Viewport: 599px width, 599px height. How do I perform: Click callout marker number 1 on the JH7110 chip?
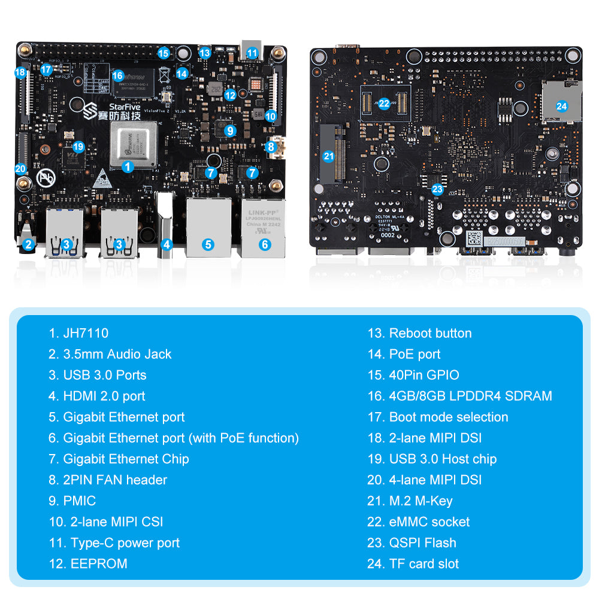pyautogui.click(x=128, y=167)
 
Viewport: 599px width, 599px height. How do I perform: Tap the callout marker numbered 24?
pyautogui.click(x=561, y=106)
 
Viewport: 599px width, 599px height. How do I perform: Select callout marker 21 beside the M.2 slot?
pyautogui.click(x=328, y=156)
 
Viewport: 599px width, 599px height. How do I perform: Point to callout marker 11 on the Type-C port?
pyautogui.click(x=252, y=53)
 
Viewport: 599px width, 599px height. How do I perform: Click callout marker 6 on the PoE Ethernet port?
pyautogui.click(x=265, y=244)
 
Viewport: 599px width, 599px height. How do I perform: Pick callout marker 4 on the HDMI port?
pyautogui.click(x=167, y=244)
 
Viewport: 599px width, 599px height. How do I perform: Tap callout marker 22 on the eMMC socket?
pyautogui.click(x=384, y=103)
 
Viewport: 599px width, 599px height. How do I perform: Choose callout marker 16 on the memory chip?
pyautogui.click(x=117, y=75)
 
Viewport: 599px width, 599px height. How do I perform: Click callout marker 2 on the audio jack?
pyautogui.click(x=28, y=244)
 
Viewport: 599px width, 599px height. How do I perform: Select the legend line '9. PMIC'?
pyautogui.click(x=72, y=501)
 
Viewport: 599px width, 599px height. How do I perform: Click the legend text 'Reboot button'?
pyautogui.click(x=430, y=333)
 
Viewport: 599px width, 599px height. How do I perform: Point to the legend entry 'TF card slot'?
pyautogui.click(x=423, y=564)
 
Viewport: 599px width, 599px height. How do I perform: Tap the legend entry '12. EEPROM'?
pyautogui.click(x=88, y=564)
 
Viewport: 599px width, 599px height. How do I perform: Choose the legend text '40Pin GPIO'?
pyautogui.click(x=424, y=375)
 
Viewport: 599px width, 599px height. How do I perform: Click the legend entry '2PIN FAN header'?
pyautogui.click(x=115, y=480)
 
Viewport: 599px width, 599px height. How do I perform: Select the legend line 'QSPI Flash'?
pyautogui.click(x=422, y=543)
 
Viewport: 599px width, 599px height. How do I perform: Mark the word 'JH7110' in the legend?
pyautogui.click(x=86, y=333)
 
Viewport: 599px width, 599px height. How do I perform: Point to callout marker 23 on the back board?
pyautogui.click(x=437, y=189)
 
